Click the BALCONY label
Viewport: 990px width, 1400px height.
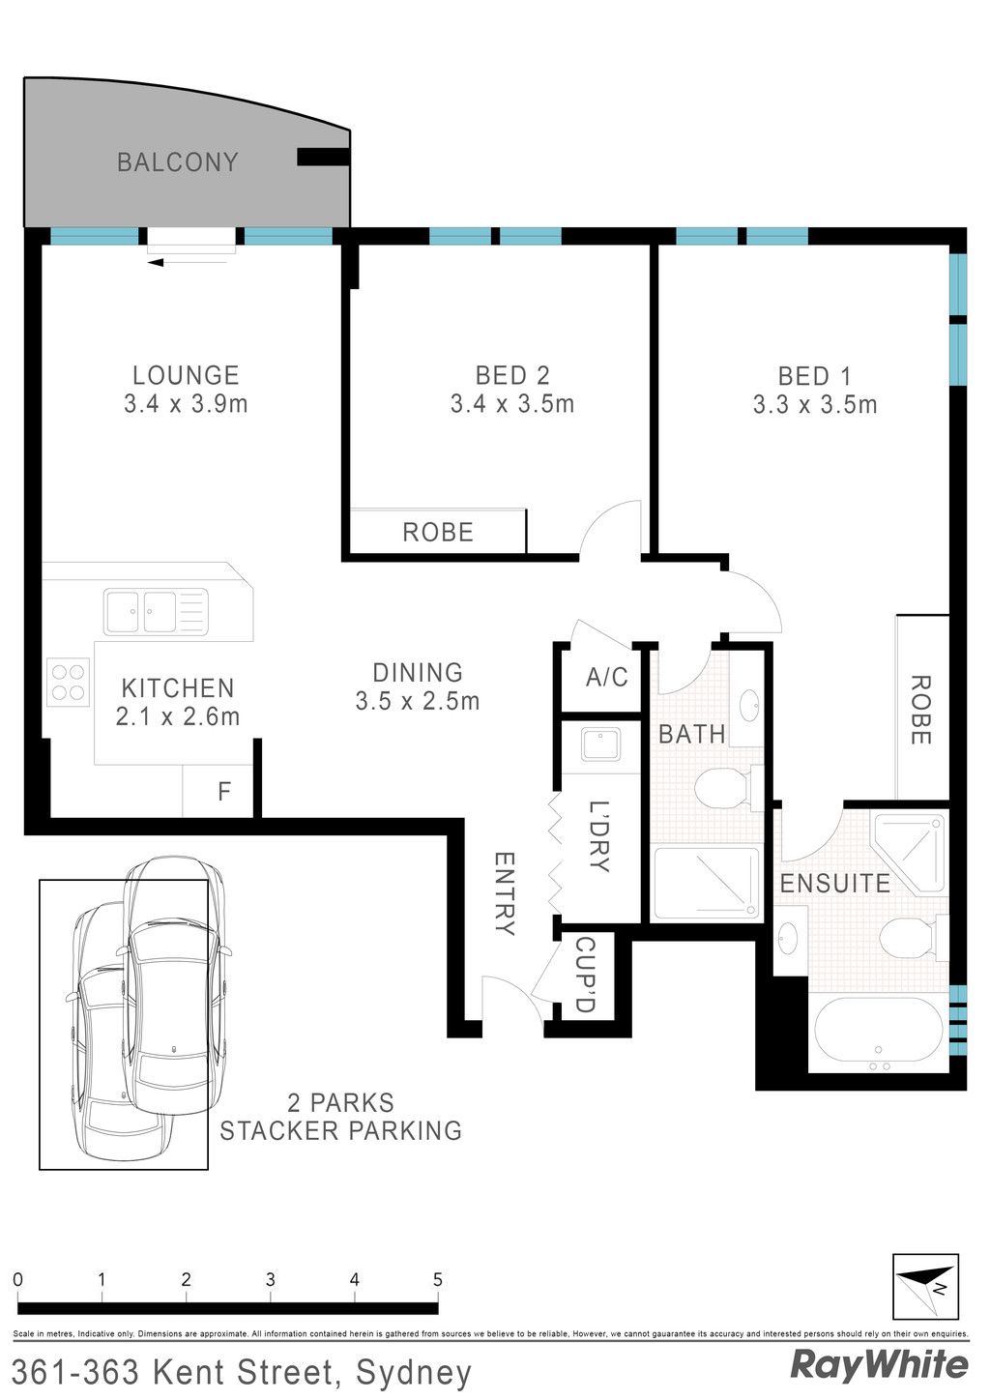click(x=178, y=162)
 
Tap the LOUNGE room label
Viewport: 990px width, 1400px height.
click(x=187, y=376)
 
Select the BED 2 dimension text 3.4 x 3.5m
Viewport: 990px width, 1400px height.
click(x=512, y=404)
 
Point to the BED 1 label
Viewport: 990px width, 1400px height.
click(x=814, y=376)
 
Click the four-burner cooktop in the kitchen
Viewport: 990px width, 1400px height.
click(x=68, y=682)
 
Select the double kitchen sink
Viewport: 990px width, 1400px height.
click(x=157, y=612)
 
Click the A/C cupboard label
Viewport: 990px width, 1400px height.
click(x=607, y=677)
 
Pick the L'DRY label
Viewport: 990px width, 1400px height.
click(x=598, y=836)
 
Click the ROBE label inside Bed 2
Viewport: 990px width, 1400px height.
click(x=438, y=533)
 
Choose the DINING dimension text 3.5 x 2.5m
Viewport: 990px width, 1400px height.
click(x=418, y=701)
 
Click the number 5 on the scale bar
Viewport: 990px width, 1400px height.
click(x=438, y=1279)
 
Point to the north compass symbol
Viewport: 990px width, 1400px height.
click(x=925, y=1288)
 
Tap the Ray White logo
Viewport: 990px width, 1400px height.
click(x=880, y=1366)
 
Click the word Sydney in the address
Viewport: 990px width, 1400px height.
click(x=414, y=1374)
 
